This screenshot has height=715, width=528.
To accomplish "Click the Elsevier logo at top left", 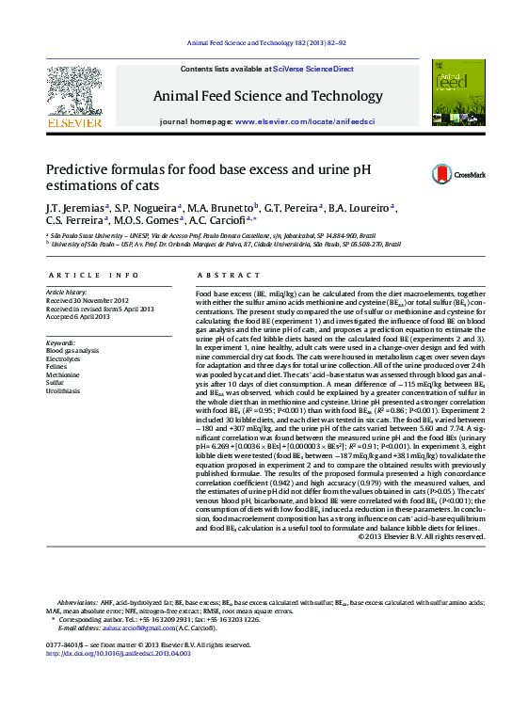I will (74, 95).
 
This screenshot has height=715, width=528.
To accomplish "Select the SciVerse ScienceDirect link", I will (313, 70).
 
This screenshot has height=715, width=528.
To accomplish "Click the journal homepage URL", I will (305, 122).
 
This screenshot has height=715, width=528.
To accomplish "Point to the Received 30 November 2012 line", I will (87, 300).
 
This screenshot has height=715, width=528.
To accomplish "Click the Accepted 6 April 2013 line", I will (78, 316).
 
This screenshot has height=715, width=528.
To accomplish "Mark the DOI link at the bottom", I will (119, 652).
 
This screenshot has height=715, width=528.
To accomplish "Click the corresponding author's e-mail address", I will (141, 628).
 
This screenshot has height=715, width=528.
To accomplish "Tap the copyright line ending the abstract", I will (422, 536).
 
